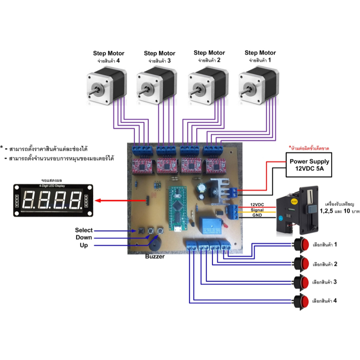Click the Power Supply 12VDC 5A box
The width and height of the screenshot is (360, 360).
[x=309, y=165]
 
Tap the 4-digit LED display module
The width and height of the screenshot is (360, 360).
[x=53, y=200]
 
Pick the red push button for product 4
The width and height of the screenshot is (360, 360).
[x=302, y=301]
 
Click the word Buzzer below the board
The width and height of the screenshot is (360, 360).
[x=155, y=257]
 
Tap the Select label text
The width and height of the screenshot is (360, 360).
[x=84, y=230]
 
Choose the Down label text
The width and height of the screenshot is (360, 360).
[x=84, y=238]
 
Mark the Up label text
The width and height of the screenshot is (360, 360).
[x=84, y=245]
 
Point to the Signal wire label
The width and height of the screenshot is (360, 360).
[x=257, y=210]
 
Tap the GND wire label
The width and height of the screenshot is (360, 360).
[x=257, y=216]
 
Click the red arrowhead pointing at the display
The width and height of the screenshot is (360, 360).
[x=98, y=201]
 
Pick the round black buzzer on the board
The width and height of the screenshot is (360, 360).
[x=155, y=243]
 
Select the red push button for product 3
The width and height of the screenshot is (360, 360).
[x=302, y=282]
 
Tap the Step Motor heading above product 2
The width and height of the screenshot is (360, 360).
[x=209, y=53]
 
